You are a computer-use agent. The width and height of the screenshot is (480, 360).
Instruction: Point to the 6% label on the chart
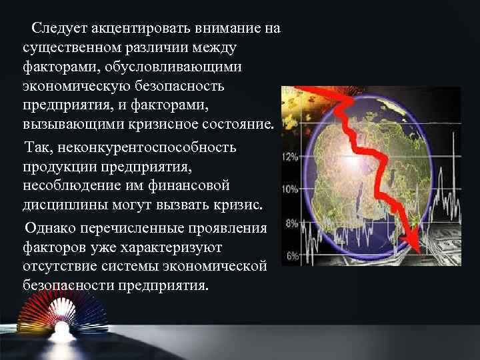[291, 256]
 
